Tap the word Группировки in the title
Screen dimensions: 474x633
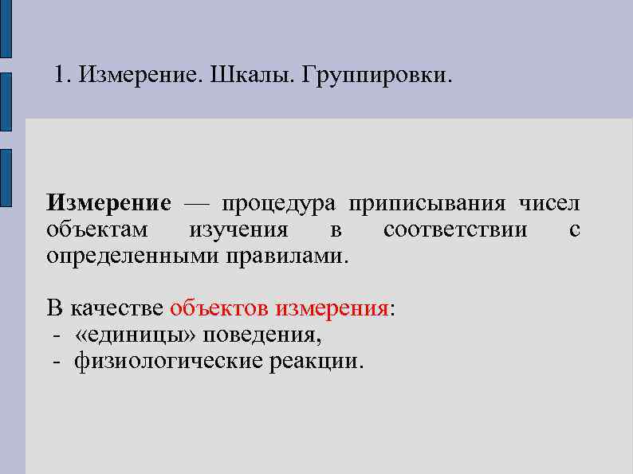point(376,76)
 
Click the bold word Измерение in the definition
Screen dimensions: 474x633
point(108,204)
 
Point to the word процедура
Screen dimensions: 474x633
point(279,204)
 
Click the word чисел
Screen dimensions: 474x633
point(550,204)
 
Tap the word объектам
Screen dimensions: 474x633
point(96,231)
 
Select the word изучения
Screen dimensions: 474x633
point(238,231)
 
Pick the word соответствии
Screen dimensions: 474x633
point(455,231)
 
